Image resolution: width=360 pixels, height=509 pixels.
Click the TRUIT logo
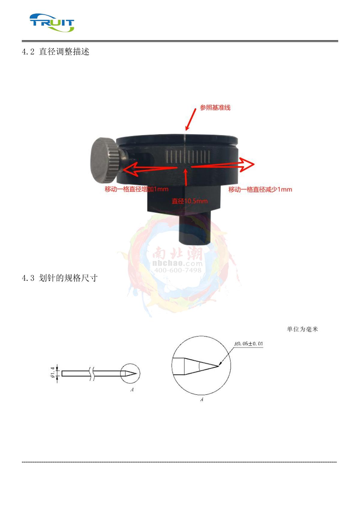52,22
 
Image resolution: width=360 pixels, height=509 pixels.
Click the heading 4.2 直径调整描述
55,52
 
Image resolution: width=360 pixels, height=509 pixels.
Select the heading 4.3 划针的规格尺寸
60,278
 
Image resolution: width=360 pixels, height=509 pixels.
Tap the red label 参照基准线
215,107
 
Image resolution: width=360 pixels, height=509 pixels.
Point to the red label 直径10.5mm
190,201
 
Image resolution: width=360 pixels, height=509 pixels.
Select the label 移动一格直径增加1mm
136,189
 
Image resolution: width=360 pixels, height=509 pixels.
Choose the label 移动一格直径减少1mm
260,189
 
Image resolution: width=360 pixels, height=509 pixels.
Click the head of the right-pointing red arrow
247,164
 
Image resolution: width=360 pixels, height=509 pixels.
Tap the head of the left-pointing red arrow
130,169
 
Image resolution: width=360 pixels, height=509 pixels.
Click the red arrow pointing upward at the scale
186,178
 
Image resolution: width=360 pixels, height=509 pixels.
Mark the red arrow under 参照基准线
190,119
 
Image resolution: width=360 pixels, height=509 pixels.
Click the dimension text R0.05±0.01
249,343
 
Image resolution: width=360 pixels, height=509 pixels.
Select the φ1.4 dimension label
52,373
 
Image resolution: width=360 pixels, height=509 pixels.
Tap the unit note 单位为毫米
302,329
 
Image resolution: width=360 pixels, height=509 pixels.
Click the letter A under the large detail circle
202,399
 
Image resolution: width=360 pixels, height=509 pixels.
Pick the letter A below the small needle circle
132,390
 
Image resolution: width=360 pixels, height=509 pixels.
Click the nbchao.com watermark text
178,263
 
